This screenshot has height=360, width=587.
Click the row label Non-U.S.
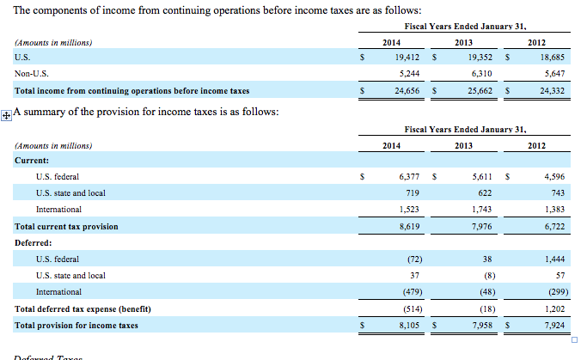tap(30, 74)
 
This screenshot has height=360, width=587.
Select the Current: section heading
tap(32, 160)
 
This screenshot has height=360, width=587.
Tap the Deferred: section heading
tap(34, 242)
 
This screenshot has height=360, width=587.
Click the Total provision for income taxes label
tap(76, 326)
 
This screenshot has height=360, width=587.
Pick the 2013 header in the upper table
tap(464, 42)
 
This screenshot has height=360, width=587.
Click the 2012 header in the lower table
tap(536, 145)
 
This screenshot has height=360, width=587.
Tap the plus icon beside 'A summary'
tap(7, 113)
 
